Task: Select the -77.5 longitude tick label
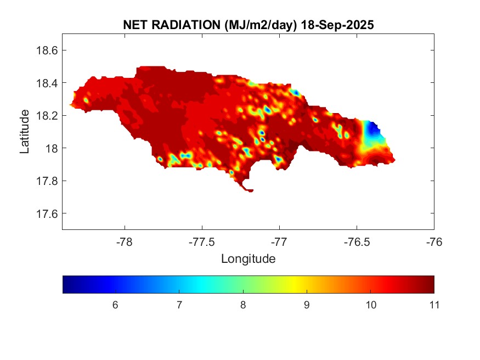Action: click(202, 242)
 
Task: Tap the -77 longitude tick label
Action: click(279, 242)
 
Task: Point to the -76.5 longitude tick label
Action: click(357, 242)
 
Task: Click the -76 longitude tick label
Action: click(434, 242)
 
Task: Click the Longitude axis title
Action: click(248, 258)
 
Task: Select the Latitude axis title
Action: click(25, 132)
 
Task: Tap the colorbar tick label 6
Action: click(115, 305)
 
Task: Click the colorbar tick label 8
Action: click(242, 305)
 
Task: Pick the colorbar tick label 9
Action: click(306, 305)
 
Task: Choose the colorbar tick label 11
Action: click(433, 305)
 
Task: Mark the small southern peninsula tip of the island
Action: click(250, 190)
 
